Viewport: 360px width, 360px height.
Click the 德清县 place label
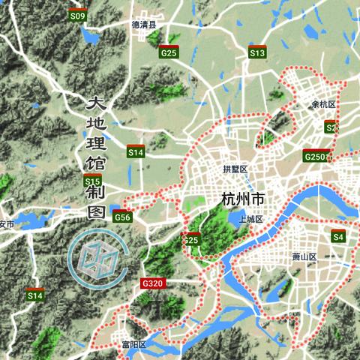[x=144, y=25]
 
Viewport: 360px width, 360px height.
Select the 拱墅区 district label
[x=235, y=169]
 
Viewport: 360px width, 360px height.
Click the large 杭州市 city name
[x=244, y=199]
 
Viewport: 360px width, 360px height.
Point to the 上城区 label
[x=250, y=219]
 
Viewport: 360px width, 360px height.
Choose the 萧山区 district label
[x=305, y=256]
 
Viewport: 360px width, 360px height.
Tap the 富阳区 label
[x=133, y=344]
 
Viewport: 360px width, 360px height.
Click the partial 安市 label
[x=7, y=224]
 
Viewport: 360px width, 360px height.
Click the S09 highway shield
[x=77, y=15]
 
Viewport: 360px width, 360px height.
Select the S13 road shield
[x=258, y=53]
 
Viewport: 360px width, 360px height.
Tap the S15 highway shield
[x=93, y=181]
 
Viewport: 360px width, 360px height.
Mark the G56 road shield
[x=123, y=217]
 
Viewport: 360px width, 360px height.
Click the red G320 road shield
[x=151, y=283]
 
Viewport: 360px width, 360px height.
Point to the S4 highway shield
[x=338, y=236]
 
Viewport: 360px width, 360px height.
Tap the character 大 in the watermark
[x=97, y=103]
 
